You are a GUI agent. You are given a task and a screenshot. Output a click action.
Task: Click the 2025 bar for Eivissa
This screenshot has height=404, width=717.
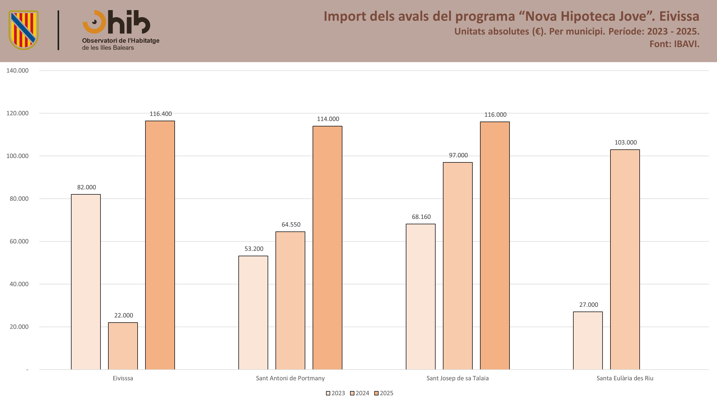point(160,245)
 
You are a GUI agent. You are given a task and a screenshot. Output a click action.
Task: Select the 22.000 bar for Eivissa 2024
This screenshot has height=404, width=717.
point(123,346)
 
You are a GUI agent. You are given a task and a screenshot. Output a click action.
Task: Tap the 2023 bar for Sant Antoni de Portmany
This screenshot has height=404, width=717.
point(253,313)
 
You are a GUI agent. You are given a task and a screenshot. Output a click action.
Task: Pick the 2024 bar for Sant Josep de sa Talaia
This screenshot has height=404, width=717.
point(458,266)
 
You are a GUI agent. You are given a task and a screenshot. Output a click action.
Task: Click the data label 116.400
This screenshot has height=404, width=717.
point(161,114)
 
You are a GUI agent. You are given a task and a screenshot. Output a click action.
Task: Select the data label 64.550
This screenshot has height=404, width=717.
point(291,224)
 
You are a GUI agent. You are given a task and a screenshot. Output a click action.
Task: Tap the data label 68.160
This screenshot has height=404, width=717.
point(421,217)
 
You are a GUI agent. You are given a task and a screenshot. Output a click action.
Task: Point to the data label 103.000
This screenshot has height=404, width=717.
point(625,142)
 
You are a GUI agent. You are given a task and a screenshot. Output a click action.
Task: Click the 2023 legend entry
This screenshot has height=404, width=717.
point(335,393)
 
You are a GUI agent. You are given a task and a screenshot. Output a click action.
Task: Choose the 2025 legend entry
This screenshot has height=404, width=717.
point(384,393)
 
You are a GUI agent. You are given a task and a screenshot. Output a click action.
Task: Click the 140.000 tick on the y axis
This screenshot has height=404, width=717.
point(17,71)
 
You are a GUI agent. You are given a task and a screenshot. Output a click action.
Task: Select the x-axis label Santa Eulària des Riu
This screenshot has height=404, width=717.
point(625,378)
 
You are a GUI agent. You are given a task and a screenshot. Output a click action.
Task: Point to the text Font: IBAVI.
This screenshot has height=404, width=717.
point(674,44)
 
